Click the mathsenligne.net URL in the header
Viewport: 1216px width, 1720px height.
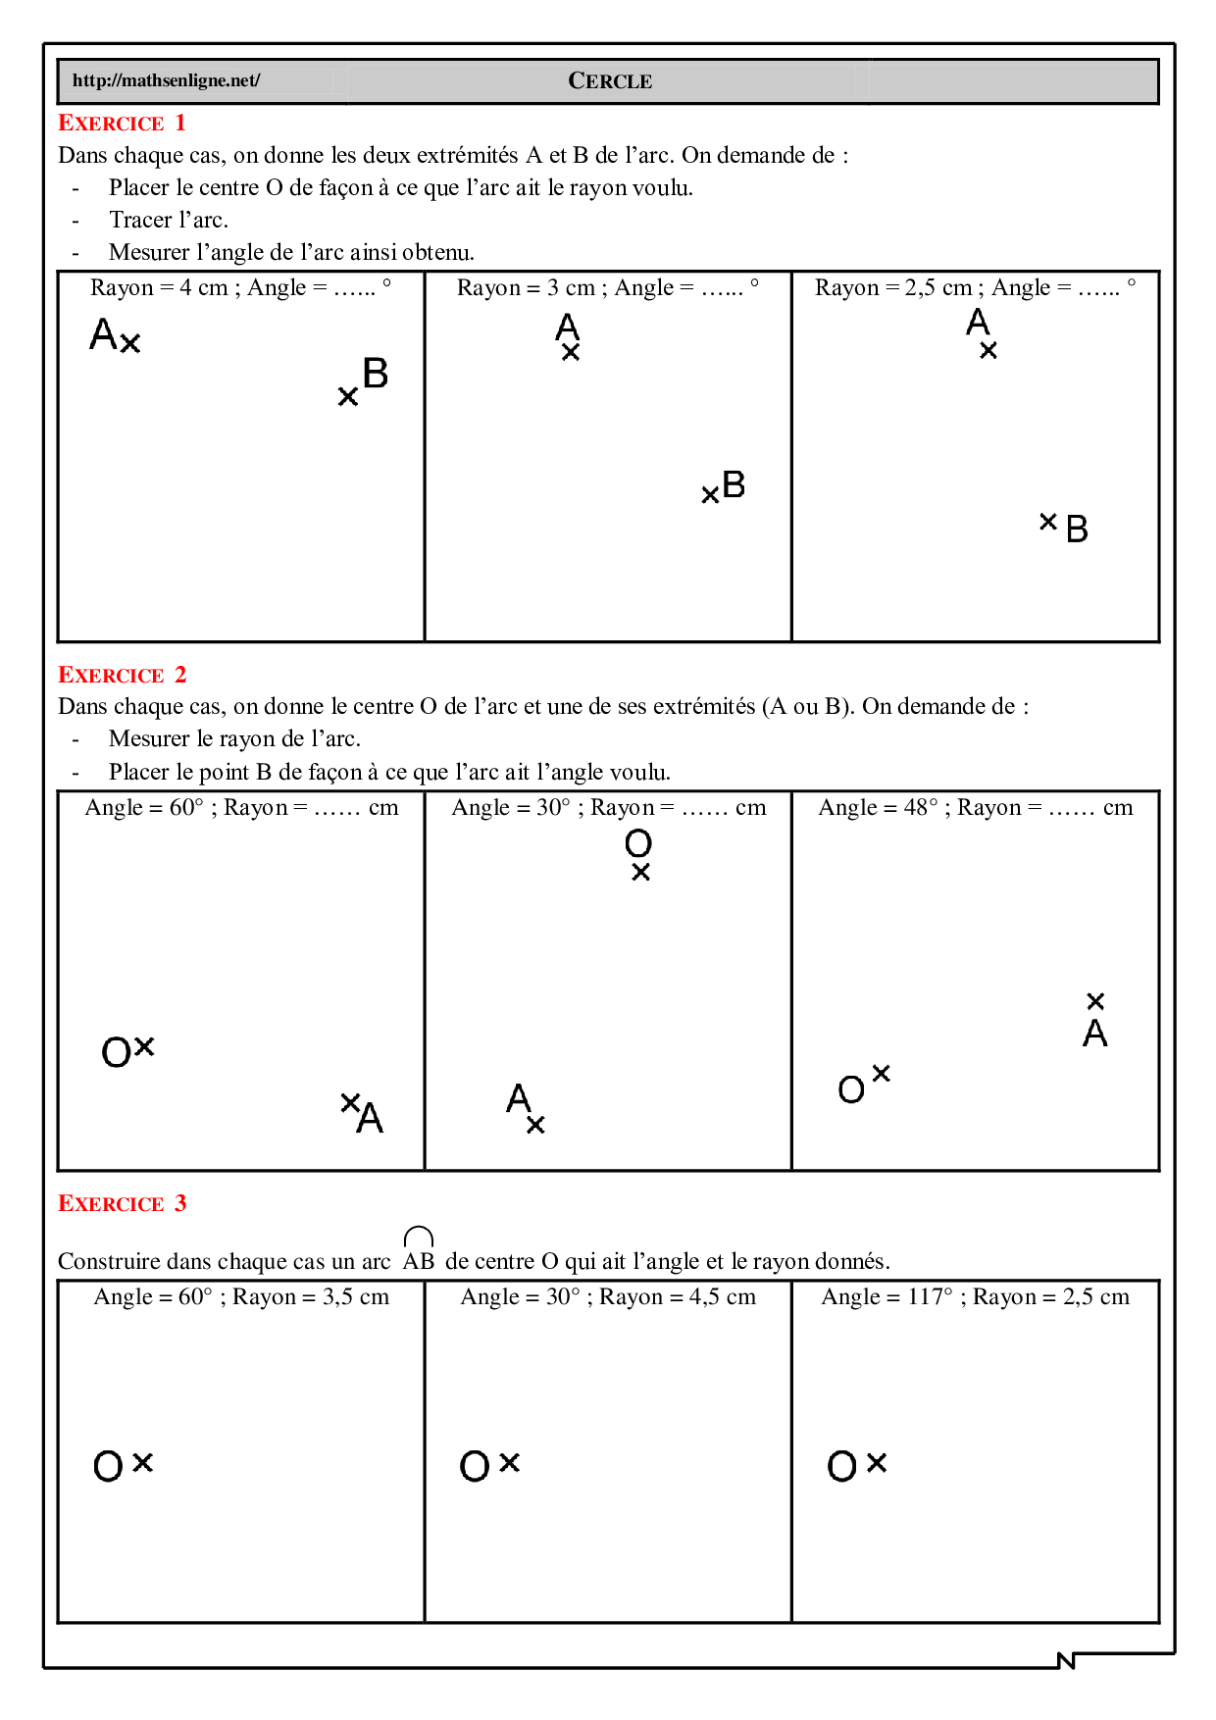166,80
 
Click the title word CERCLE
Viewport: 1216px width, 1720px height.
610,81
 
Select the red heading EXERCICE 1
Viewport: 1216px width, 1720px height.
122,124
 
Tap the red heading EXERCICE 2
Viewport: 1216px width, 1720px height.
122,676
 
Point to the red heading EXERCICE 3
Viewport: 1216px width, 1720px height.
122,1204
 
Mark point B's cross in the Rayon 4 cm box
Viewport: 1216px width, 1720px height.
347,397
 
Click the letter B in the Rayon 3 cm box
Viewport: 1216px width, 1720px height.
734,484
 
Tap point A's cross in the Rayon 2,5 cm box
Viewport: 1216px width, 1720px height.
988,350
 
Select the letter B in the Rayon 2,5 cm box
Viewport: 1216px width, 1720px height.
1077,530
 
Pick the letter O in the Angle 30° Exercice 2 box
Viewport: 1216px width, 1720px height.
638,843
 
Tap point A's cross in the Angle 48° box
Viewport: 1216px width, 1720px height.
1095,1001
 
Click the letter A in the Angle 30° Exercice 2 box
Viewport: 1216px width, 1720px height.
518,1097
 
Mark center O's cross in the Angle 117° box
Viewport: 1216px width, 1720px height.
877,1463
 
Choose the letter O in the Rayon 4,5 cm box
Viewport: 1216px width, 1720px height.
475,1467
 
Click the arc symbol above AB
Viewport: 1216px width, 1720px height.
419,1236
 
